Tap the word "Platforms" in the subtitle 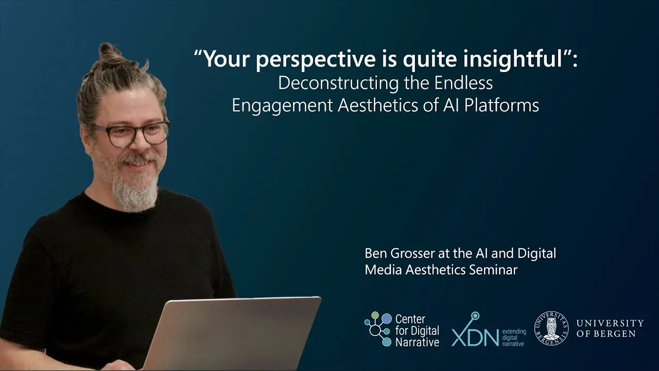coord(501,105)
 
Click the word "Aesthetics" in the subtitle coord(378,105)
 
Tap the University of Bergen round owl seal coord(551,328)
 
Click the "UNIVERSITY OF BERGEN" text coord(610,328)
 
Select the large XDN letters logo coord(475,333)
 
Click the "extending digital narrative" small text coord(514,338)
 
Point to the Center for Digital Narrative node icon coord(378,329)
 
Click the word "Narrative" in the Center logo coord(417,342)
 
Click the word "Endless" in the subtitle coord(463,83)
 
